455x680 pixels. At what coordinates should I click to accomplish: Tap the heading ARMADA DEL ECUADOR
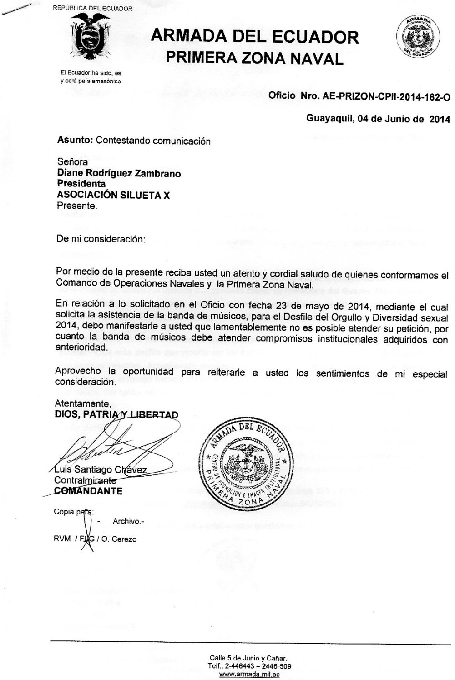(x=255, y=37)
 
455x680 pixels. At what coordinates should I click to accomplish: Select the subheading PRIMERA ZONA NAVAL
(x=254, y=58)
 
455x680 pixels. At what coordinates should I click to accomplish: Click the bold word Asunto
(x=75, y=141)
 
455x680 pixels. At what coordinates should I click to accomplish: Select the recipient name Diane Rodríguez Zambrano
(x=119, y=173)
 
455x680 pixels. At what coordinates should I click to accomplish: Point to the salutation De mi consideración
(x=101, y=239)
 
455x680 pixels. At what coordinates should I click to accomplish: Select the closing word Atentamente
(x=83, y=403)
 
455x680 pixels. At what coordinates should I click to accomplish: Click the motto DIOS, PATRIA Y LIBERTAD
(x=116, y=414)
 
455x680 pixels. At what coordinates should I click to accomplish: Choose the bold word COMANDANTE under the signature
(x=88, y=491)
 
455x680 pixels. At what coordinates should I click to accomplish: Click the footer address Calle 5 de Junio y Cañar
(x=248, y=658)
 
